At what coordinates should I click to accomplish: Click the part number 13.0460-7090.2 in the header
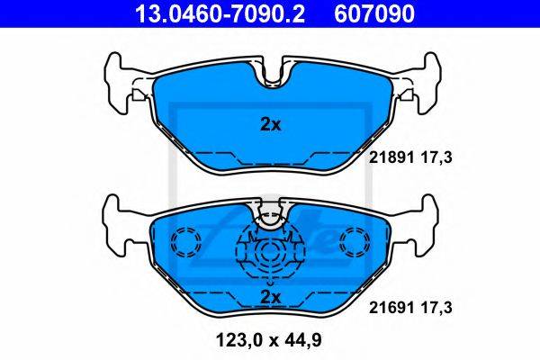(x=220, y=13)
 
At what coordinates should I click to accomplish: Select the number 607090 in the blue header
(x=374, y=13)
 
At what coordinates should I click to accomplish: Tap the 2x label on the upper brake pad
(x=270, y=125)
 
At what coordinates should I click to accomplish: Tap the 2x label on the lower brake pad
(x=270, y=297)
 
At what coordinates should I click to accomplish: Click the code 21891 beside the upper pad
(x=391, y=157)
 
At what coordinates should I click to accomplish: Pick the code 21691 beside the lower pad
(x=391, y=307)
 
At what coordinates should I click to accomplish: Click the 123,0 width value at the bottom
(x=239, y=340)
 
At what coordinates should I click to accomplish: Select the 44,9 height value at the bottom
(x=304, y=340)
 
